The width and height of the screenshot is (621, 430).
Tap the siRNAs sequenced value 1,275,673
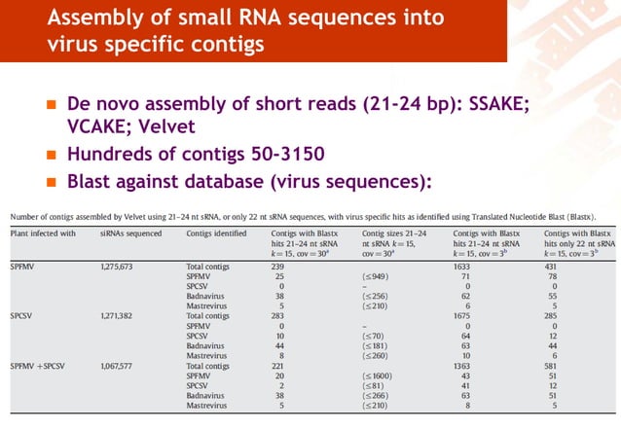[121, 266]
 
